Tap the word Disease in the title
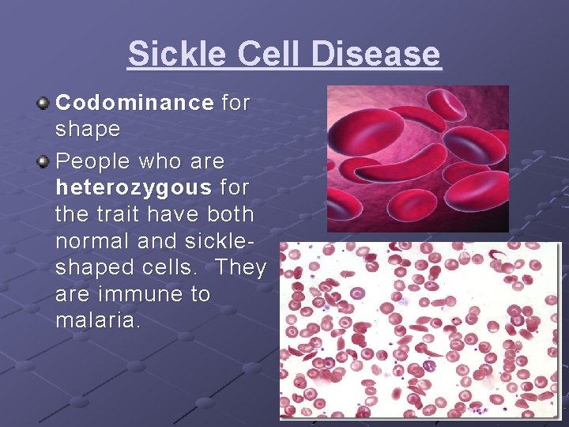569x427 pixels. pyautogui.click(x=376, y=55)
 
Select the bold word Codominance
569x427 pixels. pyautogui.click(x=135, y=103)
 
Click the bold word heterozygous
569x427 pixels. pyautogui.click(x=134, y=187)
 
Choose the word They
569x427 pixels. pyautogui.click(x=240, y=267)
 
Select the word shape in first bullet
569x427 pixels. pyautogui.click(x=88, y=129)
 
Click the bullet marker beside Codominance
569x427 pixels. pyautogui.click(x=44, y=103)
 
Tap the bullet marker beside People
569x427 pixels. pyautogui.click(x=44, y=161)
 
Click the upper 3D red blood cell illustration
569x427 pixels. pyautogui.click(x=417, y=158)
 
